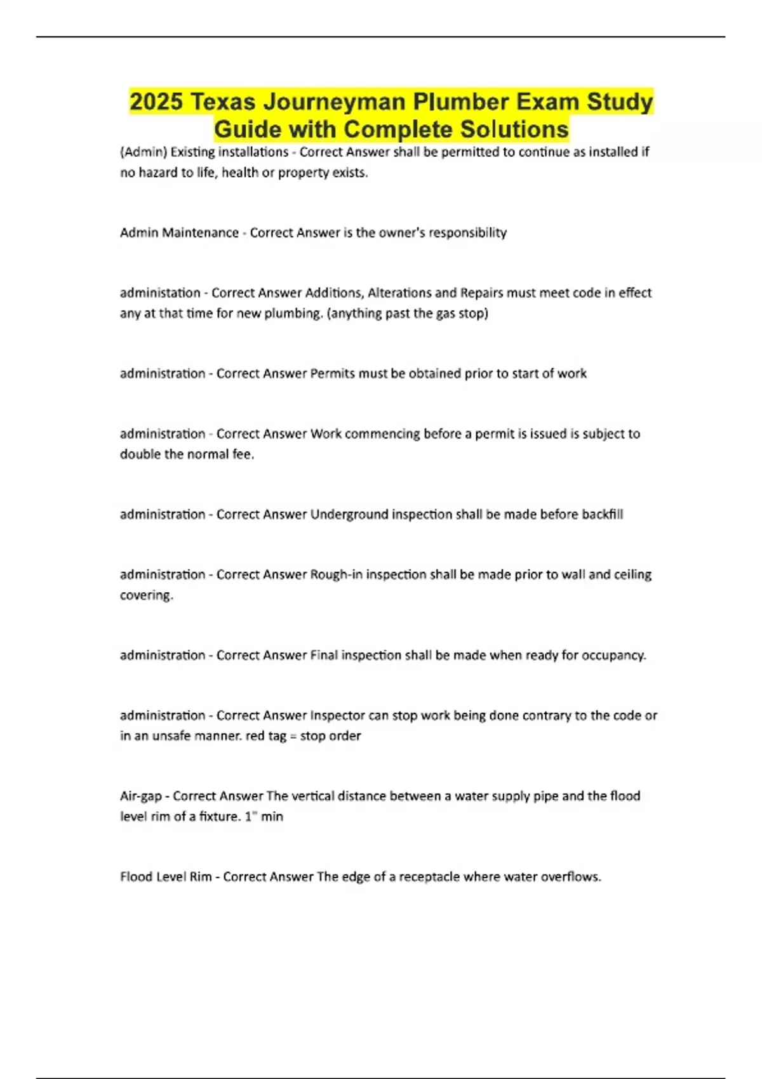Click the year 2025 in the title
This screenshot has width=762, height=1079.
(156, 102)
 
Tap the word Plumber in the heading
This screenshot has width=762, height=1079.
(461, 102)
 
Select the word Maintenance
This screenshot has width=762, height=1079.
(200, 233)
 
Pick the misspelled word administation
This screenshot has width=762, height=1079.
(160, 293)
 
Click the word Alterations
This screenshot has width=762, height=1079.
(400, 293)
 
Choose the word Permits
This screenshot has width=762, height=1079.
(332, 374)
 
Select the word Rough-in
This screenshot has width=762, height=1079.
(336, 575)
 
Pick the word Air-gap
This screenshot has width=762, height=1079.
(141, 797)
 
